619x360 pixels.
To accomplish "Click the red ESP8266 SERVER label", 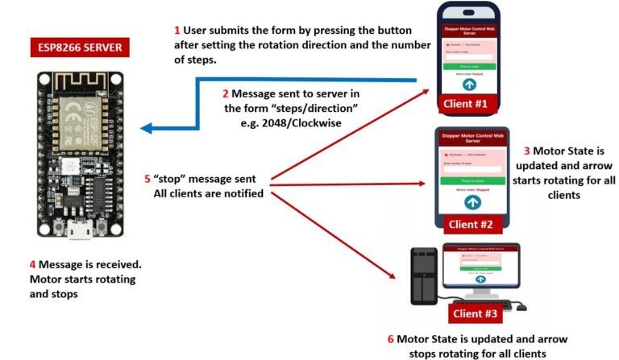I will pyautogui.click(x=81, y=48).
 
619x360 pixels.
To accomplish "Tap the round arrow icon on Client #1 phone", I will pyautogui.click(x=470, y=84).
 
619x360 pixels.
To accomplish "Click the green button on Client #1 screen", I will pyautogui.click(x=470, y=67).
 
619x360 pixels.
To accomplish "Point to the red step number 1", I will pyautogui.click(x=177, y=31).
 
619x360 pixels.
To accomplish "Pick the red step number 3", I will pyautogui.click(x=526, y=151).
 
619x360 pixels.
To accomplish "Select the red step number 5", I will pyautogui.click(x=147, y=179).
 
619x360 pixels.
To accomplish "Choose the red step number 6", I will pyautogui.click(x=390, y=339).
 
